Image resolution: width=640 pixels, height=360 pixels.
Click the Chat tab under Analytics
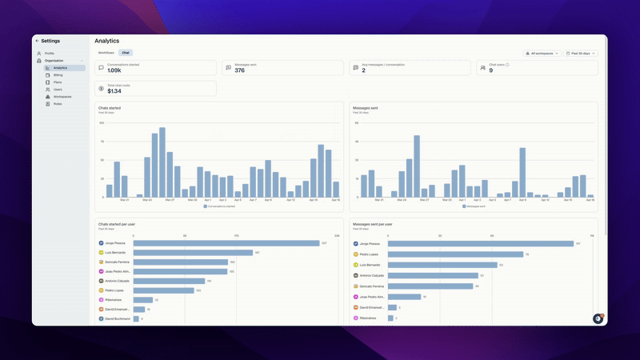(x=126, y=53)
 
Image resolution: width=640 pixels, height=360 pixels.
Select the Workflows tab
(x=106, y=53)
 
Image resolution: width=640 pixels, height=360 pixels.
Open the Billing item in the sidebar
(x=58, y=75)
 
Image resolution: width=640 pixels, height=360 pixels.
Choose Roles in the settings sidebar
(x=58, y=104)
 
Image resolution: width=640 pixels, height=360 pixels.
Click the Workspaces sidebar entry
(x=62, y=97)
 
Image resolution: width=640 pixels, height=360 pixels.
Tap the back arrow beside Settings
(x=36, y=41)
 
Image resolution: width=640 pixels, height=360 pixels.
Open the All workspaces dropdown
(x=542, y=54)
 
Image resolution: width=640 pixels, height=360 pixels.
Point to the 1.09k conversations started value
(x=114, y=70)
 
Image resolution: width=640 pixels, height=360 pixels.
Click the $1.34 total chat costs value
(x=114, y=90)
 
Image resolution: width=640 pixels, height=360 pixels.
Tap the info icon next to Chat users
(x=507, y=65)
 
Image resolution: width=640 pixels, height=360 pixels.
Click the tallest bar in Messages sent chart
(x=417, y=166)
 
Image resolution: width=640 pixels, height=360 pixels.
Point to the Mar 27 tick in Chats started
(x=170, y=200)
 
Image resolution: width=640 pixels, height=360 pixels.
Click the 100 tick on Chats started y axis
(x=102, y=123)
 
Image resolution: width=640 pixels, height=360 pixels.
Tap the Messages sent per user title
(x=373, y=224)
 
